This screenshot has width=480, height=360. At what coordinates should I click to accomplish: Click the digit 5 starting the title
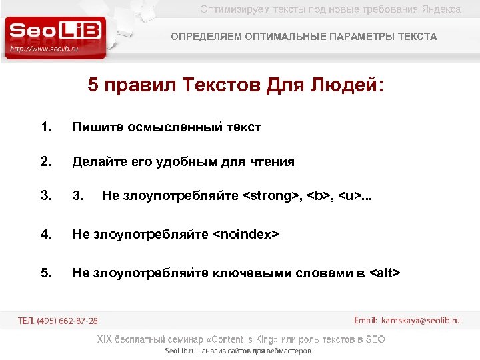pyautogui.click(x=93, y=87)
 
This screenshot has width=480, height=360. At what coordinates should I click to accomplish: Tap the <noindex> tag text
pyautogui.click(x=245, y=233)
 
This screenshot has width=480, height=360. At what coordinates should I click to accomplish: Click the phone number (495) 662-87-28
pyautogui.click(x=67, y=321)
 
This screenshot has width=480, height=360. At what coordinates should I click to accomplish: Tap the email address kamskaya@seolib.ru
pyautogui.click(x=420, y=321)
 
